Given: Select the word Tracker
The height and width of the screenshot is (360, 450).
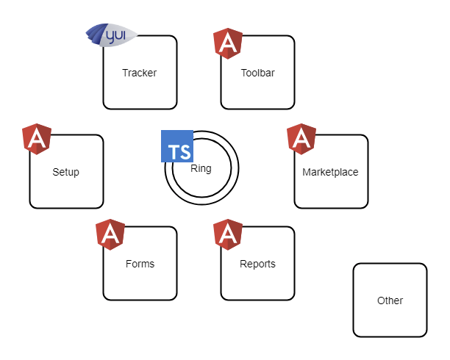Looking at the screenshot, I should pyautogui.click(x=140, y=73).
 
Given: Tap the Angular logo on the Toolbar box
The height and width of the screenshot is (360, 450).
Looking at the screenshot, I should pyautogui.click(x=228, y=43).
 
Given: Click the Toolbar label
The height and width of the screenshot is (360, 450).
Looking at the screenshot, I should pyautogui.click(x=257, y=73).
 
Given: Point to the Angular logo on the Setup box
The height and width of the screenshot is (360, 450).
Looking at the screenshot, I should pyautogui.click(x=37, y=139).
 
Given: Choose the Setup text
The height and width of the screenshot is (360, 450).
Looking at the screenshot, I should pyautogui.click(x=65, y=173).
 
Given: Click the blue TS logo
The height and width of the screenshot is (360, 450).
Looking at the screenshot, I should pyautogui.click(x=177, y=146).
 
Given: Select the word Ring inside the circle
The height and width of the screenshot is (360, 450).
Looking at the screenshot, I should pyautogui.click(x=201, y=168).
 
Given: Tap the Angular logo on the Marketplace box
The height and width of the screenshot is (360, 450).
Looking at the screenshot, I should pyautogui.click(x=301, y=139).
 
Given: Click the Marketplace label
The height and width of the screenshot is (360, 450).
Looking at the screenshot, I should pyautogui.click(x=330, y=173).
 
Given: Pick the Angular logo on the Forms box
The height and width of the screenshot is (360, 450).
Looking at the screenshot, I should pyautogui.click(x=110, y=234).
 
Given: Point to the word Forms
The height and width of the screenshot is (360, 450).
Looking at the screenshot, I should pyautogui.click(x=140, y=264).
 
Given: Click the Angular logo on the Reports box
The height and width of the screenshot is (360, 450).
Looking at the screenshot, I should pyautogui.click(x=228, y=234).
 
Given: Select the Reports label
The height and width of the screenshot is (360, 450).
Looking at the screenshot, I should pyautogui.click(x=257, y=264).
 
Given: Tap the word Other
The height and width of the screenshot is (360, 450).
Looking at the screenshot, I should pyautogui.click(x=390, y=300).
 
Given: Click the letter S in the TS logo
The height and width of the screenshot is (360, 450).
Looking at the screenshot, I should pyautogui.click(x=185, y=152).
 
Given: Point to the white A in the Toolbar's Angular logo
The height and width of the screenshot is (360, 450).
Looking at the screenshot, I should pyautogui.click(x=228, y=46).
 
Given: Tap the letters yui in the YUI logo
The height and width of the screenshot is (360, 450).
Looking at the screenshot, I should pyautogui.click(x=117, y=33).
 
